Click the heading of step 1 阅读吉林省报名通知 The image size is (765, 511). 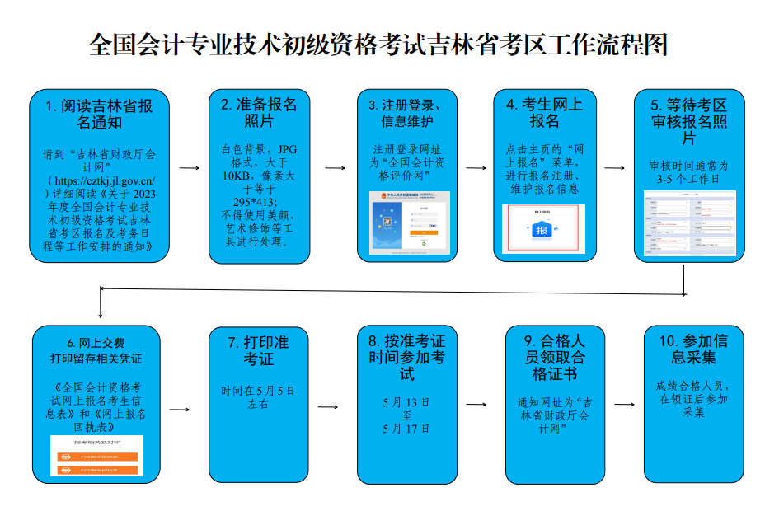pyautogui.click(x=99, y=115)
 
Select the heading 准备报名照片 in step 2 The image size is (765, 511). pyautogui.click(x=259, y=113)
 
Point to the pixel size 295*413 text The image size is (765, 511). pyautogui.click(x=255, y=202)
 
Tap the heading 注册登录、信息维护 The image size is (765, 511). pyautogui.click(x=410, y=114)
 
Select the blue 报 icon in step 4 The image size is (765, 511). pyautogui.click(x=542, y=230)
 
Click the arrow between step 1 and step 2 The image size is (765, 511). pyautogui.click(x=190, y=168)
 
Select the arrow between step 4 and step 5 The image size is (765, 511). pyautogui.click(x=614, y=168)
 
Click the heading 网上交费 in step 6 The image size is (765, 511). pyautogui.click(x=96, y=342)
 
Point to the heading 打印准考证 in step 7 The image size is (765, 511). pyautogui.click(x=259, y=351)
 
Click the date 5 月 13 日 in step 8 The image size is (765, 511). pyautogui.click(x=406, y=402)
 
